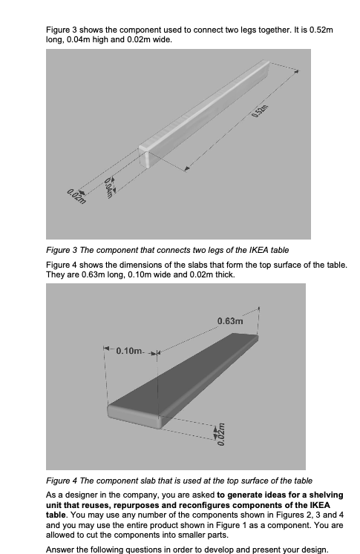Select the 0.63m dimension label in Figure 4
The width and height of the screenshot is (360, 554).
(x=230, y=321)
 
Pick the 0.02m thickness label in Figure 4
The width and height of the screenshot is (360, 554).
(x=220, y=431)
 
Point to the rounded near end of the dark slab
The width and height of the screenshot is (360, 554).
(x=119, y=415)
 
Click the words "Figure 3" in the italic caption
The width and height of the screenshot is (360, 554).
(x=63, y=249)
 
